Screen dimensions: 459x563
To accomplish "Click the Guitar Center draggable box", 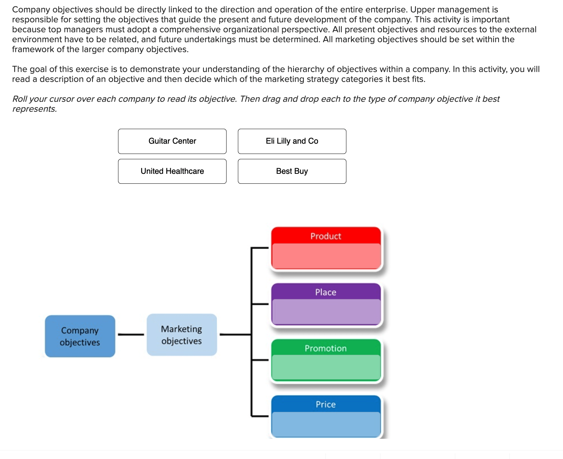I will pyautogui.click(x=172, y=141).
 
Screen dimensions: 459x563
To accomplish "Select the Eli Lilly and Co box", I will pyautogui.click(x=292, y=141).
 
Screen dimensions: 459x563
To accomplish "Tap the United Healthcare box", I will pyautogui.click(x=172, y=171).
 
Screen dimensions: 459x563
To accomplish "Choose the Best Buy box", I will pyautogui.click(x=292, y=171).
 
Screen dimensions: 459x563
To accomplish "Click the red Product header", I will pyautogui.click(x=325, y=236).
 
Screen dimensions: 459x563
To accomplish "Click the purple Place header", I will pyautogui.click(x=325, y=292).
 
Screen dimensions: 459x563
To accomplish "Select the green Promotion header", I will pyautogui.click(x=325, y=348).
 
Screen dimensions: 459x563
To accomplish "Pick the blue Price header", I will pyautogui.click(x=325, y=404).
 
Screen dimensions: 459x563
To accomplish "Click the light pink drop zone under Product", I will pyautogui.click(x=325, y=255).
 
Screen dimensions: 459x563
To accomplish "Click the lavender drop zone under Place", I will pyautogui.click(x=325, y=311).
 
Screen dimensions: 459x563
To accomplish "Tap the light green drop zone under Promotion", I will pyautogui.click(x=325, y=367).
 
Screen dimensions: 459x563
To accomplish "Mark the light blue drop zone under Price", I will pyautogui.click(x=325, y=424).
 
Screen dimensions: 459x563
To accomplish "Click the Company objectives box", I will pyautogui.click(x=80, y=336).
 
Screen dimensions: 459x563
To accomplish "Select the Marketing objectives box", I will pyautogui.click(x=182, y=334).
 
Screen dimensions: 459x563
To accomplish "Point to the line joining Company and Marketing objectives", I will pyautogui.click(x=131, y=334).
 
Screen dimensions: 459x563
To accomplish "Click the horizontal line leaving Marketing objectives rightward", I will pyautogui.click(x=235, y=334).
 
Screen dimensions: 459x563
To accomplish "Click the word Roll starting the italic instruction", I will pyautogui.click(x=20, y=99).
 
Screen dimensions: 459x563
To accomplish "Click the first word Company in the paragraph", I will pyautogui.click(x=31, y=10).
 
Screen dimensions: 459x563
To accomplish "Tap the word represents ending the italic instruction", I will pyautogui.click(x=34, y=109).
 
